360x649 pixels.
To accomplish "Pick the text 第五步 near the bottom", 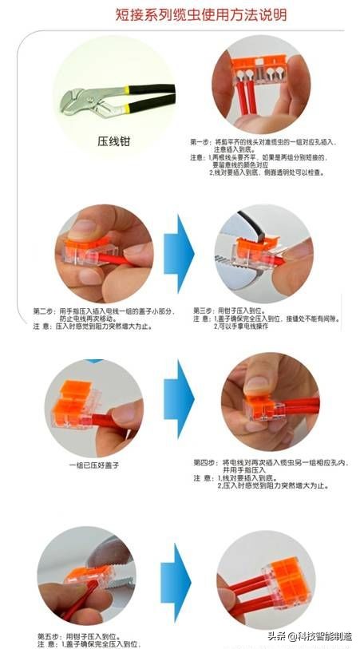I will (x=48, y=635).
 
